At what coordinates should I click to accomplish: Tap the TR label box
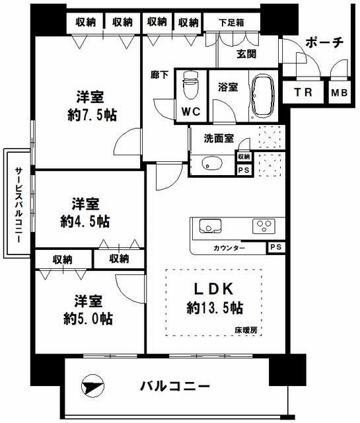click(304, 93)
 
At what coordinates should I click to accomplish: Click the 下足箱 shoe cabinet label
click(232, 22)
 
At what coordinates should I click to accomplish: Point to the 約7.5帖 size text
click(92, 114)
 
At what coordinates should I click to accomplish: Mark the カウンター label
click(229, 249)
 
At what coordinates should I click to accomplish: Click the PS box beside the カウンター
click(275, 248)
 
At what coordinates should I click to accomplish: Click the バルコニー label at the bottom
click(175, 386)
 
